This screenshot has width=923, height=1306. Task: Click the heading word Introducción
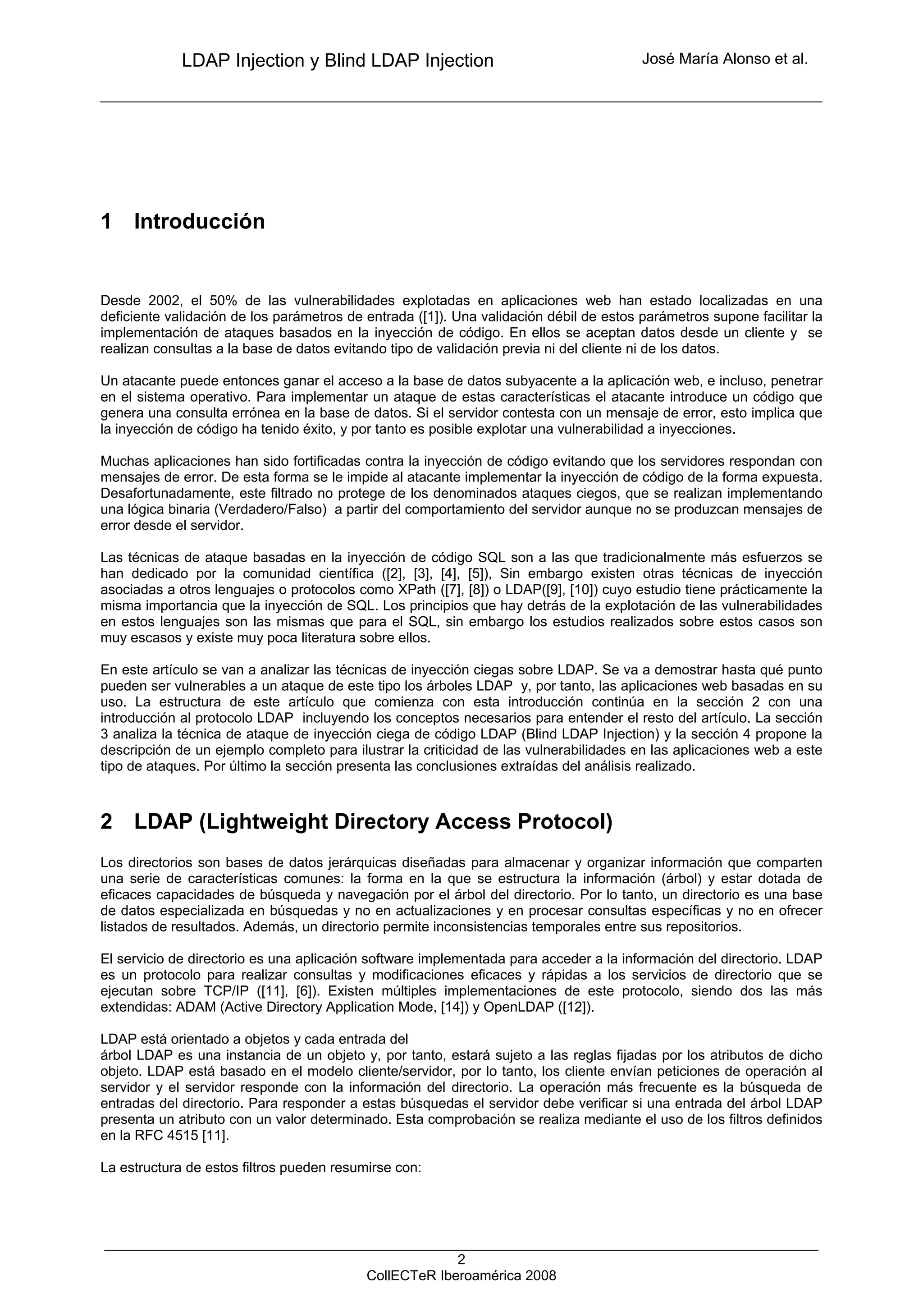199,221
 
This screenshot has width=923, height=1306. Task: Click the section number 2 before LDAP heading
106,822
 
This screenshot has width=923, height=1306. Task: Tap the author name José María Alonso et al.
725,59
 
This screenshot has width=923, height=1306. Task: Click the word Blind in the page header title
345,60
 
